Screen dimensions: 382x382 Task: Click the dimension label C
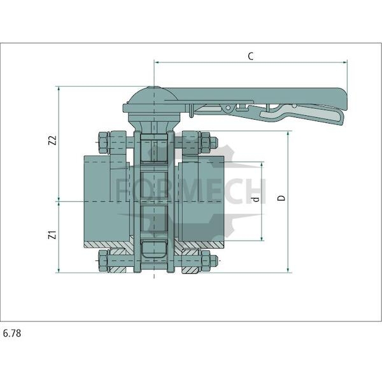251,56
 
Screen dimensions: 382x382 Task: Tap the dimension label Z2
53,140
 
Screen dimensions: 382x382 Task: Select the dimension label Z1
53,235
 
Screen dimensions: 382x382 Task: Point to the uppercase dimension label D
281,198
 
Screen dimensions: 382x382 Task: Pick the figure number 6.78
12,333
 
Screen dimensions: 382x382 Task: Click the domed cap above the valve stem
153,95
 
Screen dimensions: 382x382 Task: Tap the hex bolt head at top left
103,143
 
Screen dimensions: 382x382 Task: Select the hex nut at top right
206,143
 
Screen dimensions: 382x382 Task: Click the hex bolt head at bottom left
103,261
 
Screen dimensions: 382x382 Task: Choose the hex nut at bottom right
206,261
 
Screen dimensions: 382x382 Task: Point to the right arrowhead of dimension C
344,62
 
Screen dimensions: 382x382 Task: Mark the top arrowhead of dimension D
288,134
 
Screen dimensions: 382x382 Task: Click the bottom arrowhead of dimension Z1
59,270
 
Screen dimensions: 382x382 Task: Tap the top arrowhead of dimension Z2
59,89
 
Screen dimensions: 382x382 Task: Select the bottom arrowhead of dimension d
262,238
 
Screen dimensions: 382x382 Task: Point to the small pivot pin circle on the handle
228,108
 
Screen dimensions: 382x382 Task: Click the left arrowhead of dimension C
157,62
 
